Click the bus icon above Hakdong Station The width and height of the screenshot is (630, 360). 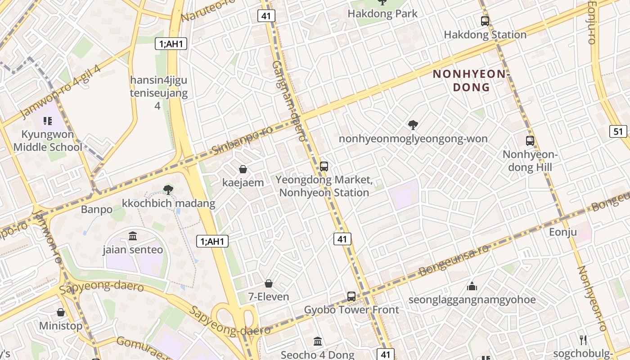pos(485,21)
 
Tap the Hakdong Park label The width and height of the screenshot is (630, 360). pos(382,13)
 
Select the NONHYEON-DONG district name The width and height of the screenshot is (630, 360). pos(471,81)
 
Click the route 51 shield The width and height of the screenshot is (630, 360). pos(619,131)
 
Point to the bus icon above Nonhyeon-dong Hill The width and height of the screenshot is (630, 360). pos(530,140)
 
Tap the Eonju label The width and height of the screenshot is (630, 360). pos(563,232)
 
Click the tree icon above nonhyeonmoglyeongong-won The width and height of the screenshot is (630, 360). pos(413,125)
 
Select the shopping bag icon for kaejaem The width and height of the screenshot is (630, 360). pos(243,169)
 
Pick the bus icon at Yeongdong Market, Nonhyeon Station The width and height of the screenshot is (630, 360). pos(324,166)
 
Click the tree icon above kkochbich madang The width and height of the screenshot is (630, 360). pos(168,189)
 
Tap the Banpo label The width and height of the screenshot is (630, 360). pos(97,209)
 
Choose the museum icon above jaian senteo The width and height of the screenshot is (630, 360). pos(133,236)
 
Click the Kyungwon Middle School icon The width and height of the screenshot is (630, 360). pos(48,121)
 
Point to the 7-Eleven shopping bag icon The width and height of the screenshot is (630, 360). pos(269,283)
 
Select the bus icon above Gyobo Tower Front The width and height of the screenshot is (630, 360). pos(351,296)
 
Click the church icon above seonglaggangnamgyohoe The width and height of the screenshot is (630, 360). pos(472,286)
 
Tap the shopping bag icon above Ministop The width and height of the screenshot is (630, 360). pos(61,312)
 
